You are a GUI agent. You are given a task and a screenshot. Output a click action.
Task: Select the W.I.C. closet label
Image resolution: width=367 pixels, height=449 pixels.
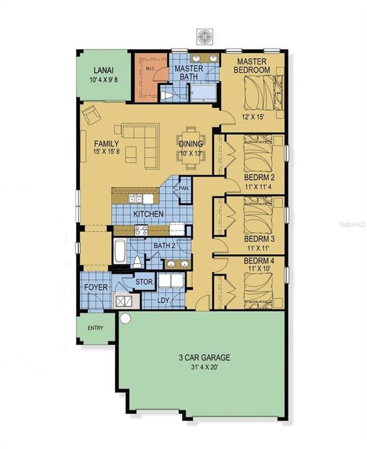pyautogui.click(x=150, y=67)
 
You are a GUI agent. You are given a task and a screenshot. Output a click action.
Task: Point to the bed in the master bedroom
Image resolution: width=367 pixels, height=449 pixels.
pyautogui.click(x=261, y=93)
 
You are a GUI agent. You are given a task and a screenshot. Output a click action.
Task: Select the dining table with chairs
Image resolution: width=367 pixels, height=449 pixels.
pyautogui.click(x=189, y=145)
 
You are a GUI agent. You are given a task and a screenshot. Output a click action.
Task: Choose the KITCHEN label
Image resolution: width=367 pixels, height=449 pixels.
pyautogui.click(x=149, y=215)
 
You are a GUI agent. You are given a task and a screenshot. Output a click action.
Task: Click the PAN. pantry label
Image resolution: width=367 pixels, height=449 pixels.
pyautogui.click(x=184, y=187)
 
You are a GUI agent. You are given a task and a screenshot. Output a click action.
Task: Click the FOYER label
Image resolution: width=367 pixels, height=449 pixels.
pyautogui.click(x=96, y=287)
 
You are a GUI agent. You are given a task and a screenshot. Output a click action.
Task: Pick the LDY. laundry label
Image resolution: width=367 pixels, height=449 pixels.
pyautogui.click(x=164, y=301)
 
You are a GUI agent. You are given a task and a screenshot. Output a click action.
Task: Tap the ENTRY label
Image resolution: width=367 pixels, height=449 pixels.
pyautogui.click(x=96, y=328)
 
